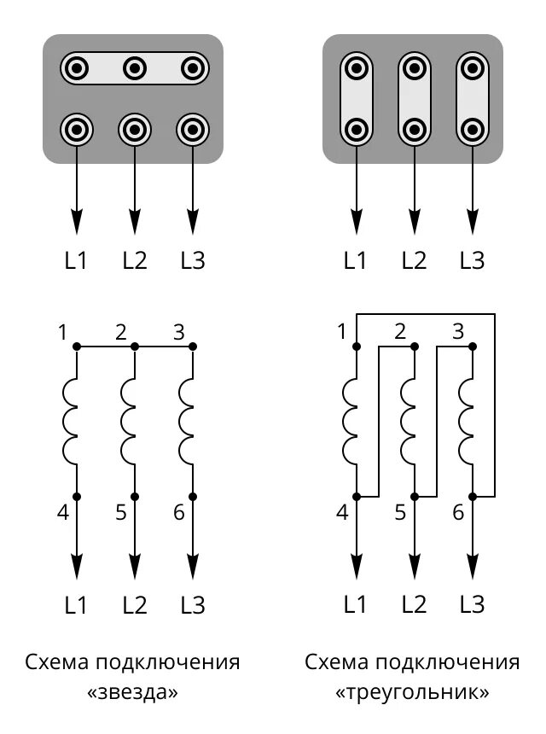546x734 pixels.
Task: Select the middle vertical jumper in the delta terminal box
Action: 414,98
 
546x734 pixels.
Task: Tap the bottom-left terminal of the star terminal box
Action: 77,130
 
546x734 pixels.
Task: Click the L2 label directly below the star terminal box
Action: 135,259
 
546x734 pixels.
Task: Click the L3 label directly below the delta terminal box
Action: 472,259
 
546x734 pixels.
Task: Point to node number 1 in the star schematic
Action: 63,331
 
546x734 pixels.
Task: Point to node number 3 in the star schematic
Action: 178,331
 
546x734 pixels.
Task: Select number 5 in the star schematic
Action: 120,513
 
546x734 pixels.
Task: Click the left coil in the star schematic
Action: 70,422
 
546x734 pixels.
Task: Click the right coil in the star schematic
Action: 186,422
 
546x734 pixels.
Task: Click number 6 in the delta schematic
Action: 458,513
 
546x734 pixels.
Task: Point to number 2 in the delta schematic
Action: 400,331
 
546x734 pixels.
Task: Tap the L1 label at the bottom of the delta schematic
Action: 356,604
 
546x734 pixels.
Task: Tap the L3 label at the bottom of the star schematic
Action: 193,605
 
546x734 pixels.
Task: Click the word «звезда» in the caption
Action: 133,692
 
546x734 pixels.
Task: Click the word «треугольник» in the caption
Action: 413,692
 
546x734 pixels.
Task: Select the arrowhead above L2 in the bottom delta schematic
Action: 414,566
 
